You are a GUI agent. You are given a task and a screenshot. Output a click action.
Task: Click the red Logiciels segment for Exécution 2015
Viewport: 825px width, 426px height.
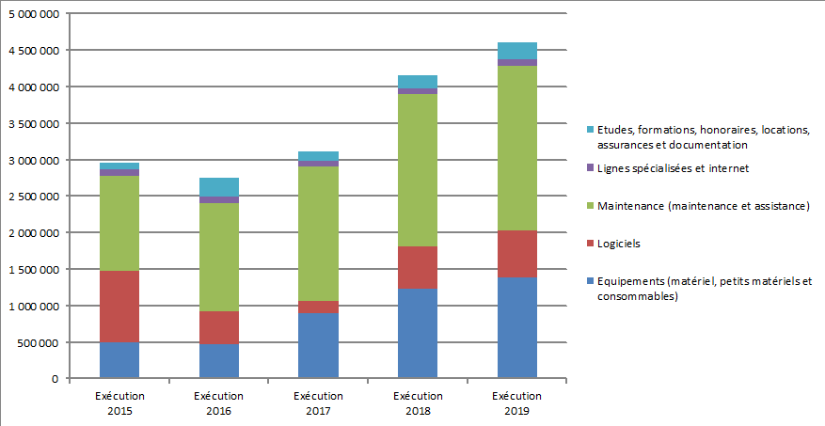(x=119, y=306)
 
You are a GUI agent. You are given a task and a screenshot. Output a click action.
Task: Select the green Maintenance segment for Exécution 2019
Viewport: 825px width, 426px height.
(x=516, y=148)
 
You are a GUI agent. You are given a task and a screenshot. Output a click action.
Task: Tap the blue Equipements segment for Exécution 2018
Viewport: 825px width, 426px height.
(x=418, y=333)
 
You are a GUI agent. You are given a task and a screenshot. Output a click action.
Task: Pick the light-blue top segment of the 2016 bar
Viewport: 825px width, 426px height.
(x=219, y=186)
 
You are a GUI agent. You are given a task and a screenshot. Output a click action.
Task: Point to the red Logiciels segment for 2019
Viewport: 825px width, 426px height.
(x=516, y=254)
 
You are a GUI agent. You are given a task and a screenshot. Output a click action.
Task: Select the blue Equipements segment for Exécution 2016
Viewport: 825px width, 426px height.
(x=219, y=361)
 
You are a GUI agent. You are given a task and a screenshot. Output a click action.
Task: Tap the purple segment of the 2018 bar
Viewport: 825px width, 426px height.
(x=418, y=91)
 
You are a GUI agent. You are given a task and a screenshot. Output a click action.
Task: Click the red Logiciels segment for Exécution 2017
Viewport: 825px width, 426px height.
(x=318, y=308)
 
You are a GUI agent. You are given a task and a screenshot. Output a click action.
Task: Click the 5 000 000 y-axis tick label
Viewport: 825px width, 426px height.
(x=32, y=14)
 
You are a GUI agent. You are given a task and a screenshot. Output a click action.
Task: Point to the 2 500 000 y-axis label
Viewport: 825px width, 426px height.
(x=32, y=197)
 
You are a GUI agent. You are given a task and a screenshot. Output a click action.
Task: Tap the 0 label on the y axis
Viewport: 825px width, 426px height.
(x=56, y=379)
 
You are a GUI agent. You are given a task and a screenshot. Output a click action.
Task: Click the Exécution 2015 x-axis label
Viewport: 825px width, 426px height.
(x=119, y=402)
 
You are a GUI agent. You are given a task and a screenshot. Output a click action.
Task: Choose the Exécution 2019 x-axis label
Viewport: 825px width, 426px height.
(x=516, y=402)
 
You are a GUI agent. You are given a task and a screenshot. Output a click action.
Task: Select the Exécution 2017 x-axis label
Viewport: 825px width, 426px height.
(x=318, y=402)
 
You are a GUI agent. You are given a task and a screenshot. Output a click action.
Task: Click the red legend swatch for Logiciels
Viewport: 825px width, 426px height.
(x=589, y=244)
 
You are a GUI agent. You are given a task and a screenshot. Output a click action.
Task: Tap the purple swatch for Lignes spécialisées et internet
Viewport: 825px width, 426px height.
(x=589, y=168)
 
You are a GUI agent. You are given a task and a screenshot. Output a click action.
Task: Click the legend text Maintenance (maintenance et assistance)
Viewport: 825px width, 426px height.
(x=703, y=206)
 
